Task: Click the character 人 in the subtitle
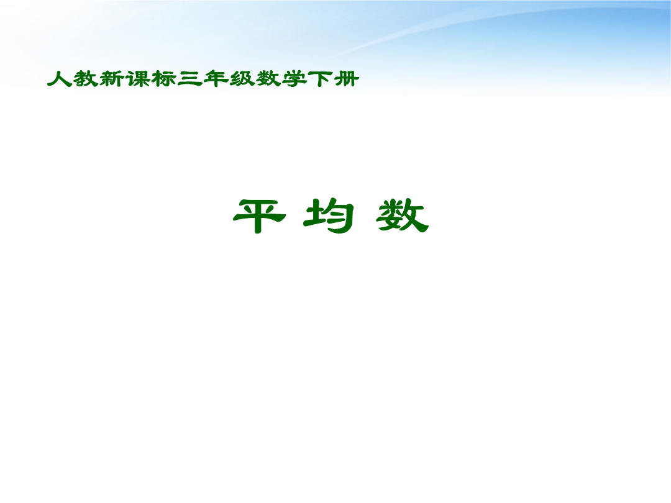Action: click(59, 79)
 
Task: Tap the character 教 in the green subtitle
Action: click(86, 79)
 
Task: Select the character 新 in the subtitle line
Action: click(112, 79)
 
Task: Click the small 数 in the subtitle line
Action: click(268, 79)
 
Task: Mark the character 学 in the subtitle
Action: click(294, 79)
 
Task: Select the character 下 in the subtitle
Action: click(321, 79)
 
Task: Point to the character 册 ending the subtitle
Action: click(347, 79)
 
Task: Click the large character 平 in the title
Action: click(259, 216)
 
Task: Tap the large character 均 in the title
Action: click(329, 216)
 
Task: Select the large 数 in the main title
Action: click(402, 215)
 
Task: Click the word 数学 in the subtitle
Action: click(281, 79)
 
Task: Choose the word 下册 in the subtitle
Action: click(334, 79)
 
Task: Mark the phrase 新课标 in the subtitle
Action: click(138, 79)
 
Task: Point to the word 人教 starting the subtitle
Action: click(72, 79)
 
